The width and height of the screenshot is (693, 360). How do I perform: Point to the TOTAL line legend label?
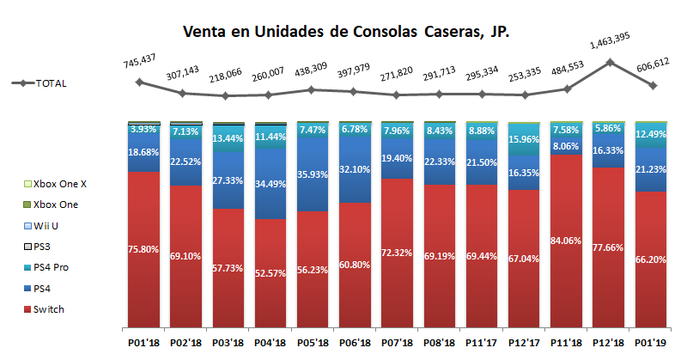coord(51,83)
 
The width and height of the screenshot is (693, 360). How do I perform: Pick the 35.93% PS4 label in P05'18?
coord(313,175)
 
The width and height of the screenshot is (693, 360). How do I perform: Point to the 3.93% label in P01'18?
coord(144,129)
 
